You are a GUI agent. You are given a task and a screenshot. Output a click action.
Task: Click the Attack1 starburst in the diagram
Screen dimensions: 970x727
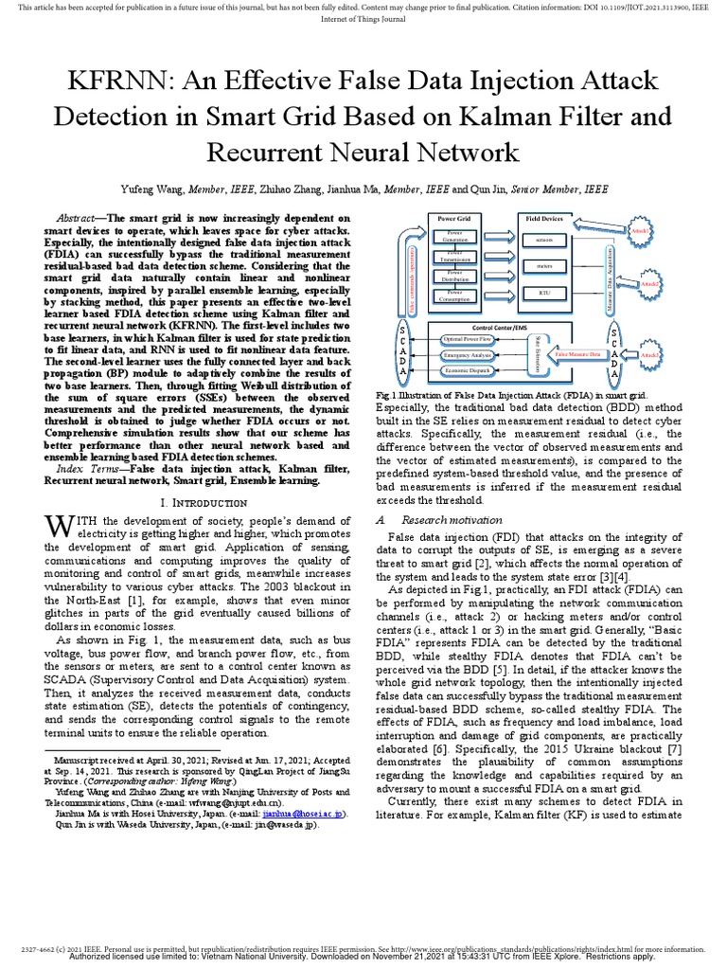(x=640, y=230)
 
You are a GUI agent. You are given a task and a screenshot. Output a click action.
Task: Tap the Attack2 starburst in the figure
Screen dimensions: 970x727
(x=649, y=284)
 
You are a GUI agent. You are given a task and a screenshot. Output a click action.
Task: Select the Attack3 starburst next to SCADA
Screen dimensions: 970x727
(x=649, y=355)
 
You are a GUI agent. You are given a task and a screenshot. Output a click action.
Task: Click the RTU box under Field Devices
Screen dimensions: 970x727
(x=543, y=293)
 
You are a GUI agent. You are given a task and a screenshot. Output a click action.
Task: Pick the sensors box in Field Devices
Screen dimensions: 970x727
(x=543, y=241)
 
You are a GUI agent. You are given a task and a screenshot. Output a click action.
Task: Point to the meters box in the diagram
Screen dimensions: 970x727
(x=543, y=267)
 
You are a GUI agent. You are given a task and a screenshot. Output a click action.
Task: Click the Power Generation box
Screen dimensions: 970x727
(x=455, y=235)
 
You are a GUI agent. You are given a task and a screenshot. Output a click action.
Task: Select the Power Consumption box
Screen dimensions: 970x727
(x=455, y=296)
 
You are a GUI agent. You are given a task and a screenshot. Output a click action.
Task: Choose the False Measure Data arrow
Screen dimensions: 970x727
(x=578, y=354)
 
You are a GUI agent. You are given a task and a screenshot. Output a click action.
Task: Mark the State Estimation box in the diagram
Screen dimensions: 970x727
(x=538, y=354)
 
